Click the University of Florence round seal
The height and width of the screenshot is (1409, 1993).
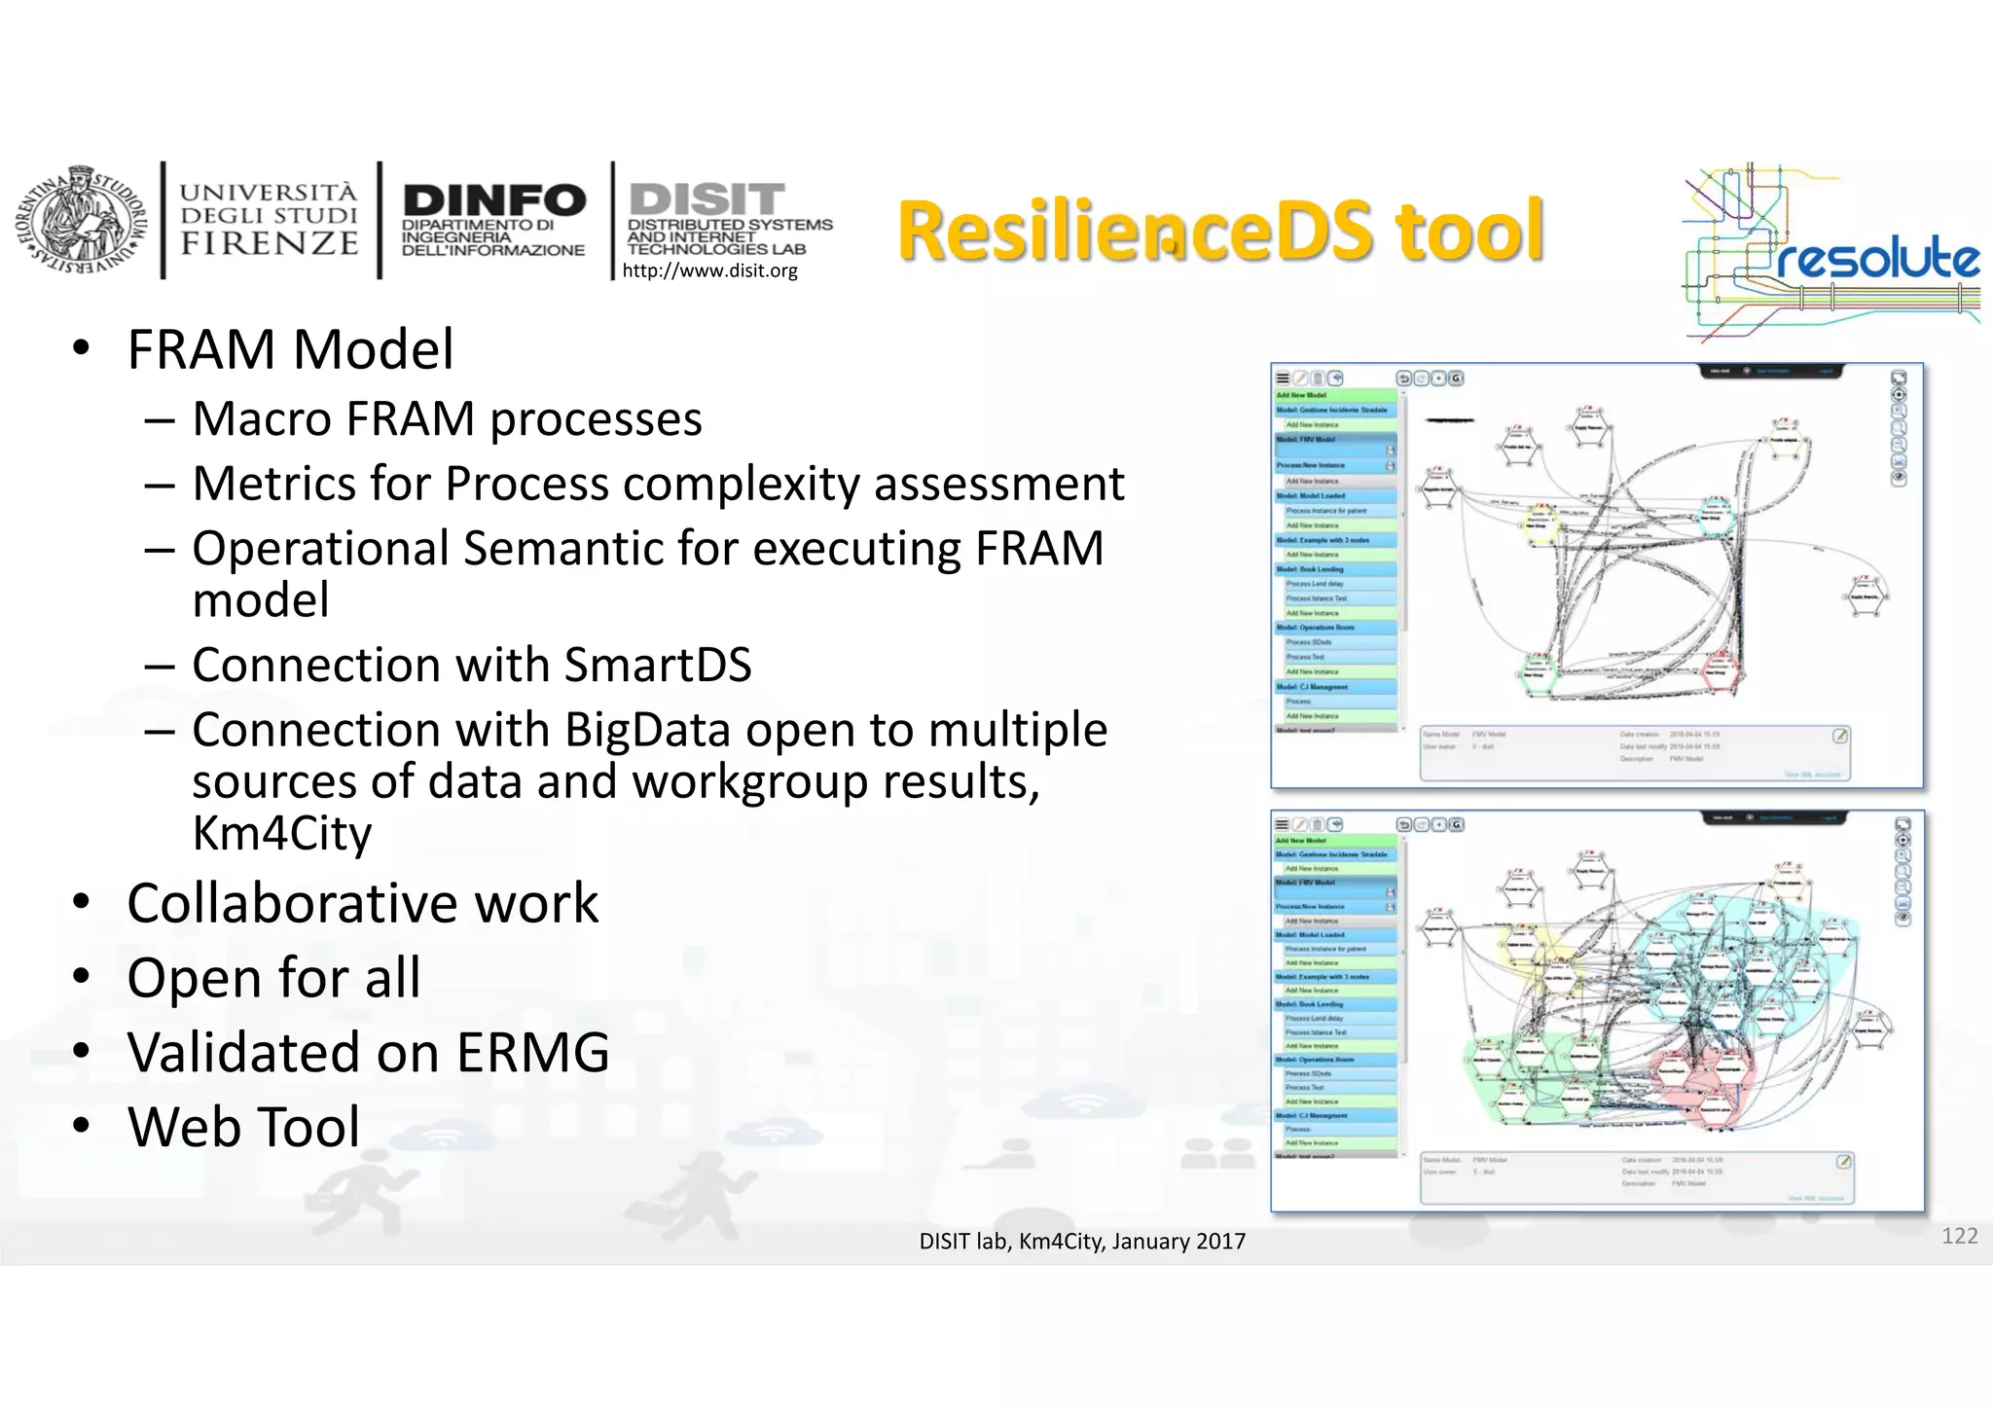(x=76, y=222)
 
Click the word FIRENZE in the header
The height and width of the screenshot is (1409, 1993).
(x=270, y=243)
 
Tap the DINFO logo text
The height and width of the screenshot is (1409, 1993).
(x=494, y=200)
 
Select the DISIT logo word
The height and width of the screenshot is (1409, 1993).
(x=707, y=199)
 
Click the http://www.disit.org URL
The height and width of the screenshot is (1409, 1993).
(x=709, y=271)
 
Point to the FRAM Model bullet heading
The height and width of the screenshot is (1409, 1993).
(x=290, y=350)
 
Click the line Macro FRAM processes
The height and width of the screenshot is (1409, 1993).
(x=447, y=419)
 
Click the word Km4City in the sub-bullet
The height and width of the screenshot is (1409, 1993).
(x=282, y=834)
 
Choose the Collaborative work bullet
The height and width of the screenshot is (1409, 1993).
(x=362, y=903)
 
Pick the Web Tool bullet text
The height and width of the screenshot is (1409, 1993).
(x=243, y=1127)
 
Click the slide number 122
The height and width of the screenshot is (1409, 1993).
(x=1959, y=1236)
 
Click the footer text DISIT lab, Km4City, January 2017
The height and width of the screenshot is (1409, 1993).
(x=1082, y=1242)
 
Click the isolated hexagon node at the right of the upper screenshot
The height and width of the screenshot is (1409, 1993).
(x=1866, y=596)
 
